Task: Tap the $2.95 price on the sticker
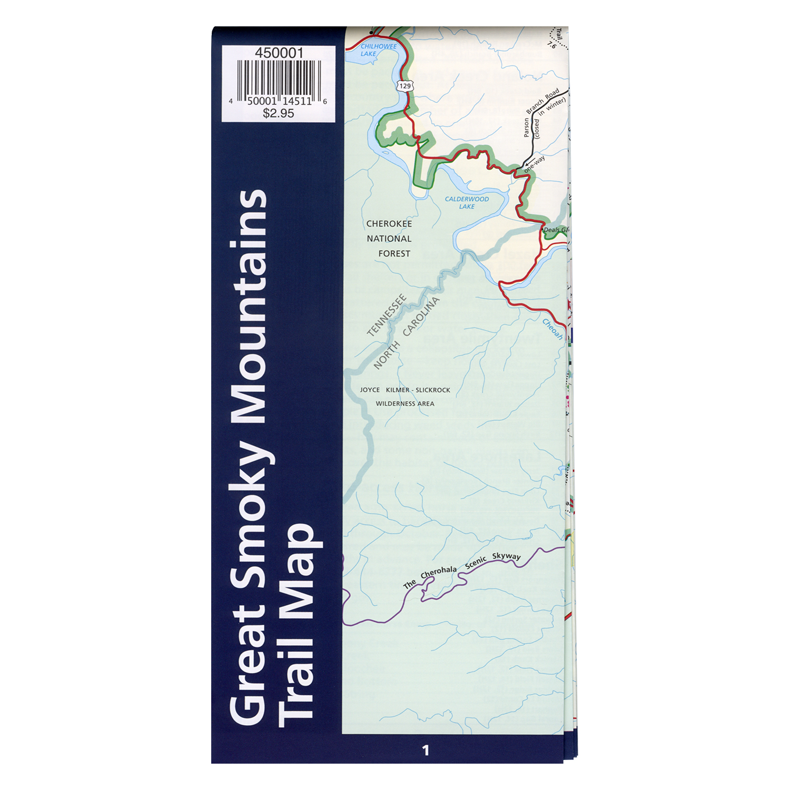[x=278, y=113]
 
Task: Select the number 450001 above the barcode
[x=279, y=53]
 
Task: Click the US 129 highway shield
[x=404, y=86]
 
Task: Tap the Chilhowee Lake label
[x=378, y=50]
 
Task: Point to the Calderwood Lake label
[x=467, y=203]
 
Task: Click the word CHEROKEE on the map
[x=389, y=224]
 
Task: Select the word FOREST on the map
[x=394, y=254]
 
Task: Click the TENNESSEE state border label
[x=387, y=315]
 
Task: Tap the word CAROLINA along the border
[x=421, y=317]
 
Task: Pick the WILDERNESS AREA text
[x=405, y=404]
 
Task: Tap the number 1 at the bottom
[x=426, y=750]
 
